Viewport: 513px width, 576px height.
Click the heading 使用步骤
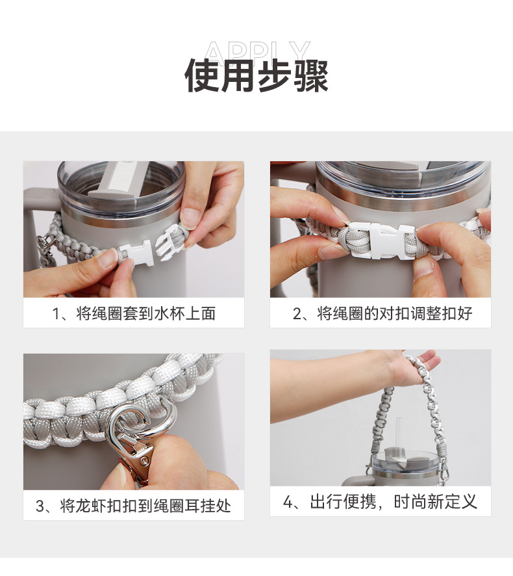[x=256, y=75]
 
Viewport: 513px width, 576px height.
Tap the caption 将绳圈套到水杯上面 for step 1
[x=145, y=314]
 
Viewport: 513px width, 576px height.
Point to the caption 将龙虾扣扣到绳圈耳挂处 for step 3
[x=145, y=506]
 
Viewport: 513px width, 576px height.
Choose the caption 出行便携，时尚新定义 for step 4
[x=394, y=501]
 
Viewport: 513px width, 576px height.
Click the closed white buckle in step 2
[x=382, y=240]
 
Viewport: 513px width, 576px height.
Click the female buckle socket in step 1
[x=136, y=253]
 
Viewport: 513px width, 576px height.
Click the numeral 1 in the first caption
[x=55, y=314]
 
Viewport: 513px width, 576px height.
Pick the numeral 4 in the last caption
[x=288, y=502]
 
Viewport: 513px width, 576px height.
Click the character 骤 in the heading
[x=311, y=75]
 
